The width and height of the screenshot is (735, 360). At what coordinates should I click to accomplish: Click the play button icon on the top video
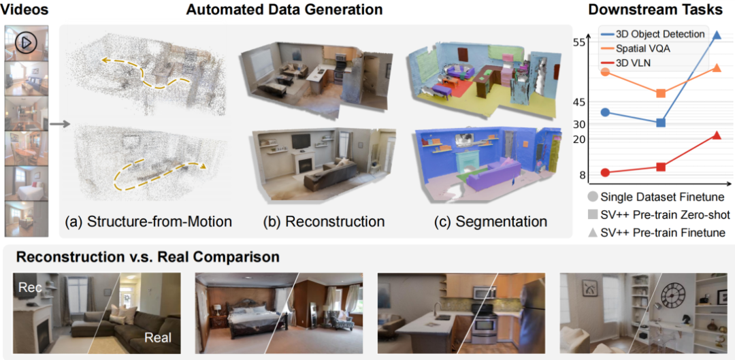[24, 42]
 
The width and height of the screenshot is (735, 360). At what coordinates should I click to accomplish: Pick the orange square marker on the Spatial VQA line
[660, 93]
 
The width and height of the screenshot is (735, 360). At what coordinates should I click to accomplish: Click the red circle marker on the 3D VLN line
[605, 173]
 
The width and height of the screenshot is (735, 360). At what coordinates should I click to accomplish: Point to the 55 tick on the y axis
[579, 42]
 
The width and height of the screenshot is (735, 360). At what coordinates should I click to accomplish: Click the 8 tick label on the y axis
[583, 175]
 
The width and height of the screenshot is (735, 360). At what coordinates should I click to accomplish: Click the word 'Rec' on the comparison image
[29, 288]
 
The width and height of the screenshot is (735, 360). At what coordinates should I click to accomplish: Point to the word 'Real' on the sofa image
[157, 337]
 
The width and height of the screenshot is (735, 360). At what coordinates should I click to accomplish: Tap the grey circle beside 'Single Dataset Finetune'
[593, 197]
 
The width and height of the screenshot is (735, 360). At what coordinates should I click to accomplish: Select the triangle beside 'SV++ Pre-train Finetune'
[593, 232]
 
